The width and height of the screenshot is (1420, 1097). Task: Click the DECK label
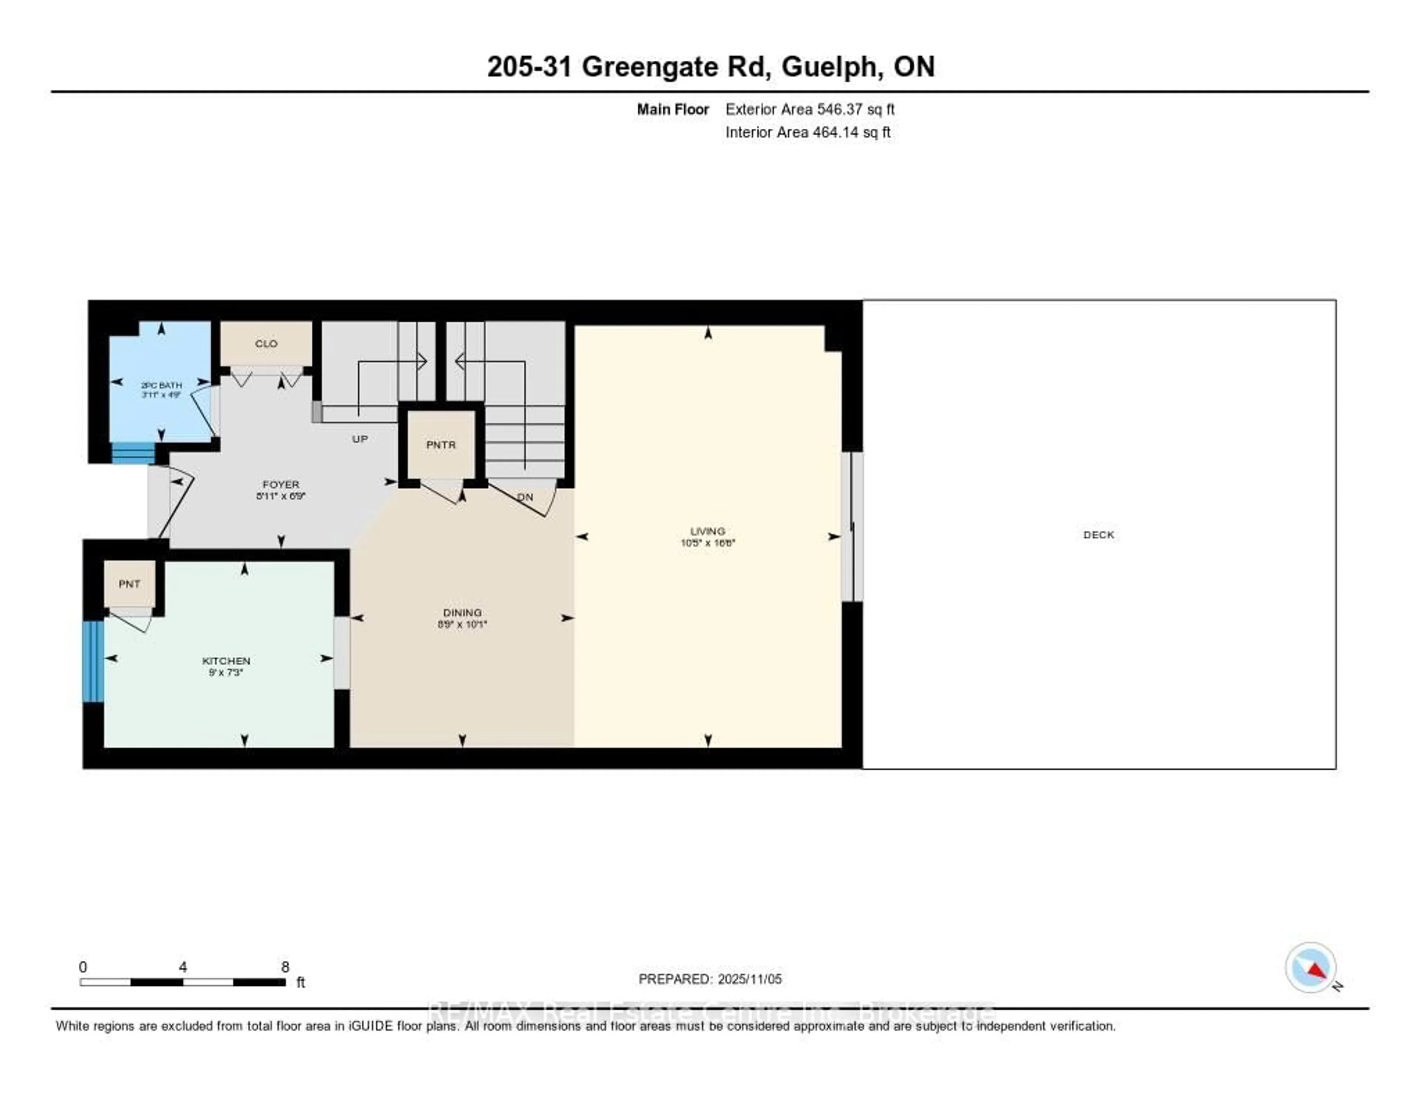[x=1098, y=534]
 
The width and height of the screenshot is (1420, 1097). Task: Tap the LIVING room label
[x=707, y=531]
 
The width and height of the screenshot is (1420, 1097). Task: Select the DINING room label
[x=462, y=612]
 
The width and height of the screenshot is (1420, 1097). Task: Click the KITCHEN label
[x=226, y=661]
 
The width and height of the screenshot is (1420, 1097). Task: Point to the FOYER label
[x=281, y=485]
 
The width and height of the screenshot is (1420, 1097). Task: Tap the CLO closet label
[x=266, y=343]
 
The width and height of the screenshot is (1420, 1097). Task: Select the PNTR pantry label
[x=441, y=445]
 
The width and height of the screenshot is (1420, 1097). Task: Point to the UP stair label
[x=359, y=439]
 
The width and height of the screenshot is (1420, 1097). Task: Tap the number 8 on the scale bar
[x=285, y=967]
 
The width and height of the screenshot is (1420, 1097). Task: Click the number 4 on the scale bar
[x=183, y=967]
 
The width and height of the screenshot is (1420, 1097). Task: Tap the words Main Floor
[x=672, y=109]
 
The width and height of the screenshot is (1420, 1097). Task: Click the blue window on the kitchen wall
[x=93, y=661]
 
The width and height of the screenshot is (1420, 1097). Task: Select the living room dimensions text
[x=707, y=542]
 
